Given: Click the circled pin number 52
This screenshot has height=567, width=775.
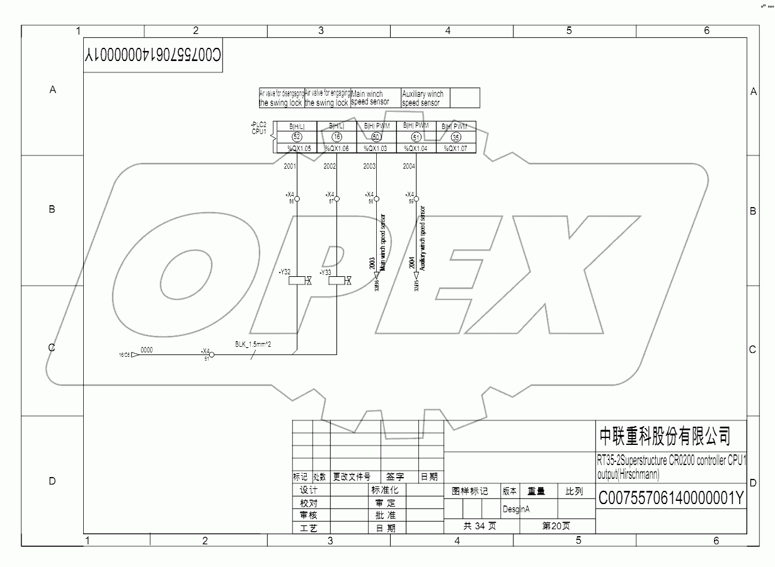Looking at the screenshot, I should tap(297, 137).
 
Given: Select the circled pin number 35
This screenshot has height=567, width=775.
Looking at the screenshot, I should tap(456, 137).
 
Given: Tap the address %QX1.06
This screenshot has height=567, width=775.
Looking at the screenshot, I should tap(336, 149).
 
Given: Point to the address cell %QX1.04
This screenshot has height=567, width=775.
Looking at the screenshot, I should tap(416, 149).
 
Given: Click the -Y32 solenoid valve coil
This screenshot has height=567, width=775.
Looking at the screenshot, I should tap(297, 281).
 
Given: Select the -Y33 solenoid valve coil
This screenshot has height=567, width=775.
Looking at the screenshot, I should tap(336, 281).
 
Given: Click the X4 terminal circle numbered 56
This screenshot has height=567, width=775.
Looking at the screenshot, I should tap(297, 199).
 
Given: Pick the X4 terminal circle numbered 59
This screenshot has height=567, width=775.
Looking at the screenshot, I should tap(416, 199).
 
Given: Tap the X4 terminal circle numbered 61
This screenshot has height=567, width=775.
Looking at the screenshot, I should tap(212, 355).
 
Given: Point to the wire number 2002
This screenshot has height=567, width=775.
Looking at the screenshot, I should tap(330, 166).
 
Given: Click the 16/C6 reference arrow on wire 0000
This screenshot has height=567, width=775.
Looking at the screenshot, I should tap(134, 355).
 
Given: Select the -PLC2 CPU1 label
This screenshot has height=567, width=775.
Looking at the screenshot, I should tap(259, 128).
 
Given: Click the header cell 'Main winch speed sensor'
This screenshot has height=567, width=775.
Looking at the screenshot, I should tap(375, 98).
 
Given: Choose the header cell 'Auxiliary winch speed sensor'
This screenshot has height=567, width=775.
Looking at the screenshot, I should tap(425, 98).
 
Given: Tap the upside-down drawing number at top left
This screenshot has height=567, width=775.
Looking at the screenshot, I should tap(153, 56).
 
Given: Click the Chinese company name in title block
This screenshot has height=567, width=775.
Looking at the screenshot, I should tap(665, 435).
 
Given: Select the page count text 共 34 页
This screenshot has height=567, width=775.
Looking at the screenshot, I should tap(479, 526).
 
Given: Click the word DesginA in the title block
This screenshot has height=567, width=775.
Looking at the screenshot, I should tap(516, 508).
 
